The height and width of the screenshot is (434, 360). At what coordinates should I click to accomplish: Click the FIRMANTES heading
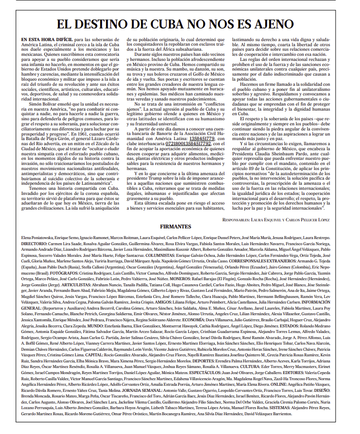pyautogui.click(x=179, y=225)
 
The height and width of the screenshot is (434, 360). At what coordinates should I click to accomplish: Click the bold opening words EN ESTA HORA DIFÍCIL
pyautogui.click(x=44, y=39)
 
